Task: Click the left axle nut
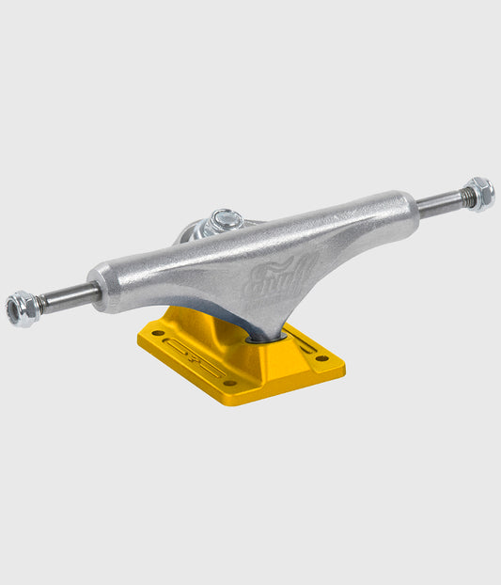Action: point(22,308)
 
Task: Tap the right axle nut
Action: point(479,193)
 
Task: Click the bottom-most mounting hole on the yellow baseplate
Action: point(228,383)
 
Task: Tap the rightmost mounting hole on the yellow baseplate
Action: point(322,358)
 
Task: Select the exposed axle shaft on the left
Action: point(68,297)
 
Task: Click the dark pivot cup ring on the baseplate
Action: point(259,336)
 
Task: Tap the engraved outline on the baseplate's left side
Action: point(193,356)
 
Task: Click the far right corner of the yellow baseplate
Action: point(343,359)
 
